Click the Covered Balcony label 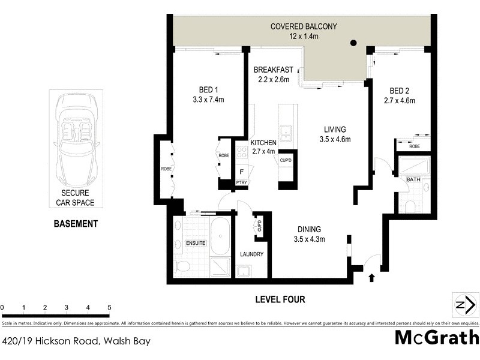304,26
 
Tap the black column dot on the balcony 353,43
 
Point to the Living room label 335,129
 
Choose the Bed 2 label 399,90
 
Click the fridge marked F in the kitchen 241,170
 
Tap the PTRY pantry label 241,182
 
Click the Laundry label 251,254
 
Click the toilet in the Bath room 411,206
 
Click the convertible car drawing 76,139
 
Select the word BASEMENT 76,224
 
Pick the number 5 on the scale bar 109,307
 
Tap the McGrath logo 436,337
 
